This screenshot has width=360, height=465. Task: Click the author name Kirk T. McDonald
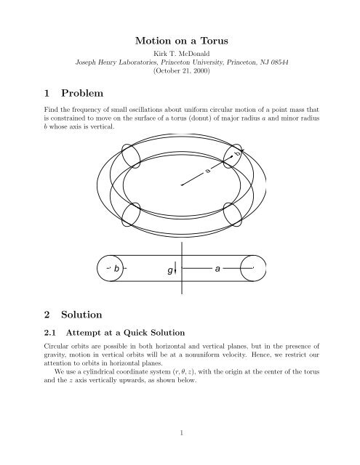point(180,55)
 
